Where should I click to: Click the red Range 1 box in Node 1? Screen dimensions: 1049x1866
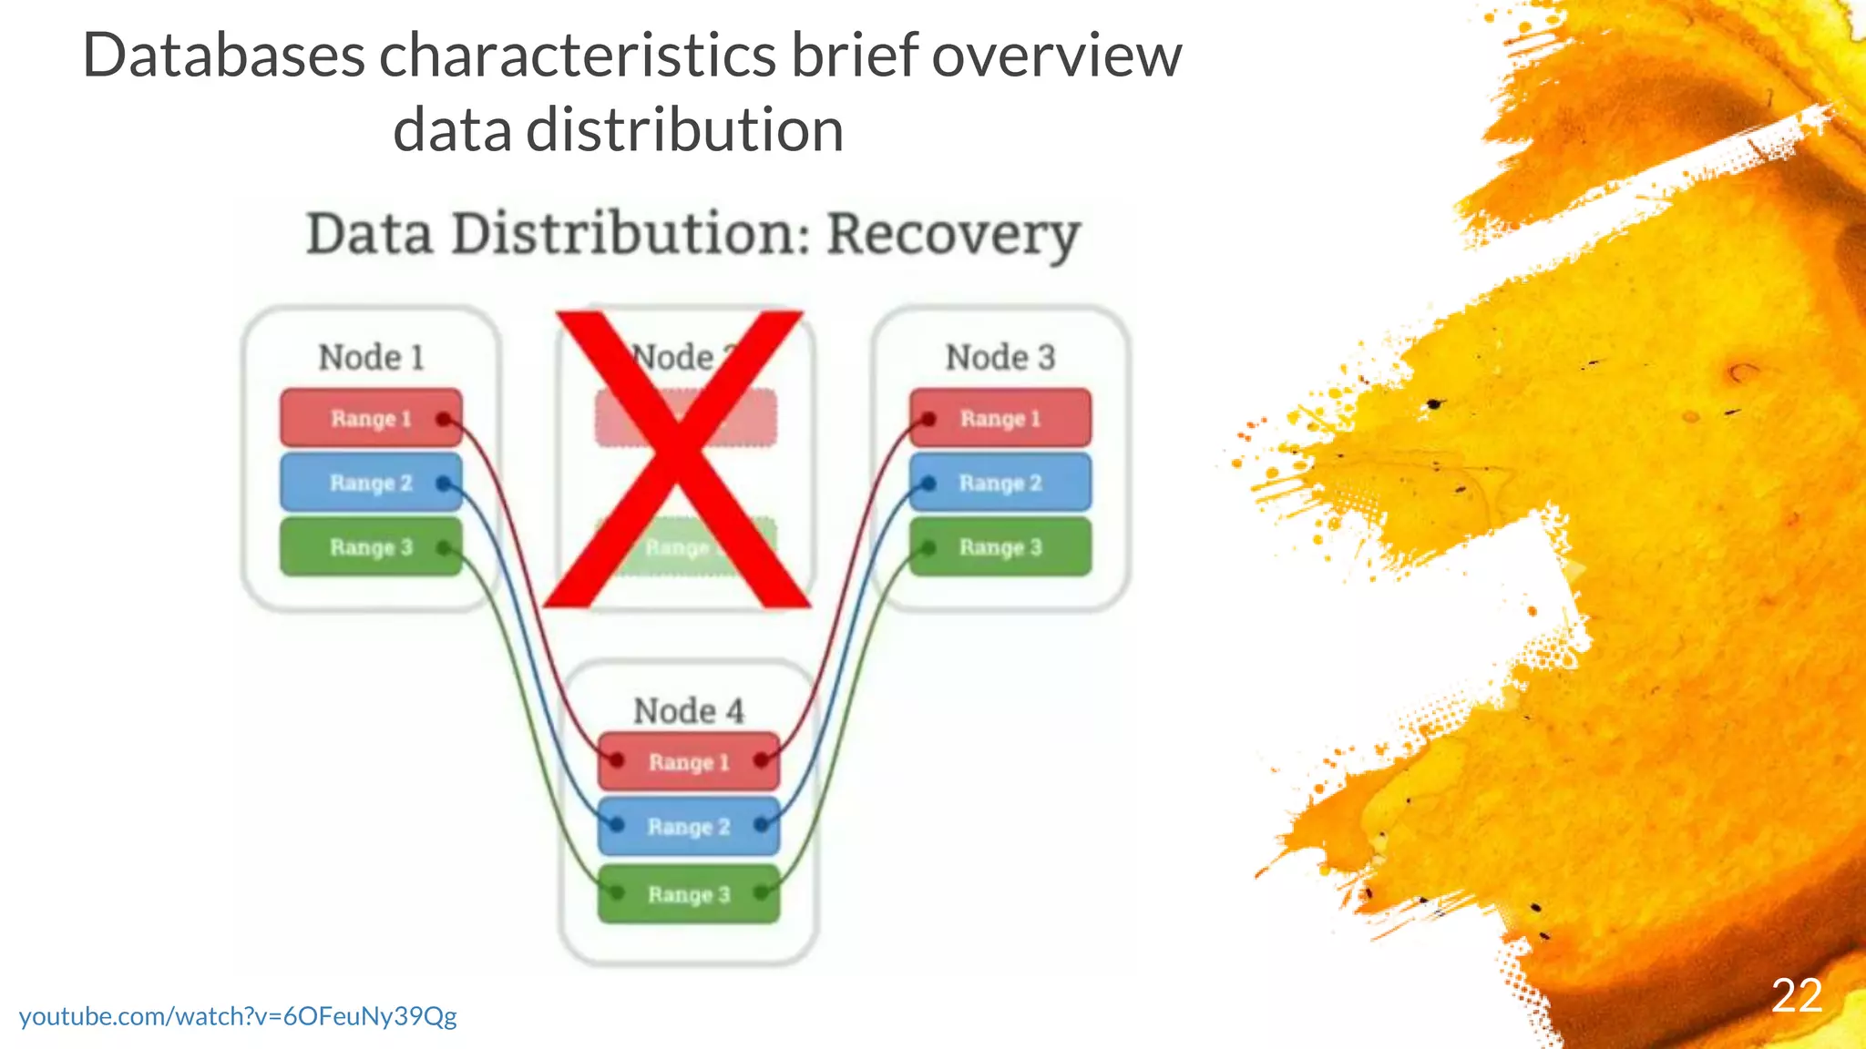[371, 418]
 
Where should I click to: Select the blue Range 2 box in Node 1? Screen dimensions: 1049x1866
[371, 482]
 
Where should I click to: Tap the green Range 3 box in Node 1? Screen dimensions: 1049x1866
[371, 546]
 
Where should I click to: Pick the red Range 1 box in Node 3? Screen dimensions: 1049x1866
[1000, 418]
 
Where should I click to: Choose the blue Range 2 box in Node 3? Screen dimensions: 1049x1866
[1000, 482]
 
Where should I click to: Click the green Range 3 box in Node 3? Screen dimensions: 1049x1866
[1000, 546]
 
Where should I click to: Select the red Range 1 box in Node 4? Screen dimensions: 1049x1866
[689, 761]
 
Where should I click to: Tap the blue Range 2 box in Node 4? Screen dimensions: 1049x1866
[689, 826]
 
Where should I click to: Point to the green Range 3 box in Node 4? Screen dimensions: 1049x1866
[689, 894]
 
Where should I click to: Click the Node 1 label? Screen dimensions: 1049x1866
[371, 357]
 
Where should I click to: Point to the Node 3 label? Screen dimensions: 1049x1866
[1000, 357]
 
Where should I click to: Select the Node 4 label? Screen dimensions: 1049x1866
[689, 710]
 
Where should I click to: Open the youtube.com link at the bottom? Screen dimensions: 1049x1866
[238, 1016]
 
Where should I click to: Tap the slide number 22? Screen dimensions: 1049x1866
[1797, 995]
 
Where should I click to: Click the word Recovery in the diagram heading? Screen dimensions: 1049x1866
[953, 235]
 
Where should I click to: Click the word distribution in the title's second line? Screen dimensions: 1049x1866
[684, 130]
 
